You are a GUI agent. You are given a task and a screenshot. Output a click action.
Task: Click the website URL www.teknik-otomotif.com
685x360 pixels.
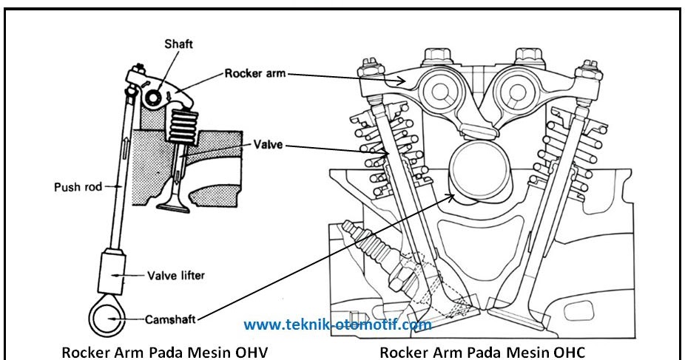click(337, 325)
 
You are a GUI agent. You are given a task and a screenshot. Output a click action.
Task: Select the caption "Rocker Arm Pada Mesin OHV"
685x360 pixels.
click(163, 351)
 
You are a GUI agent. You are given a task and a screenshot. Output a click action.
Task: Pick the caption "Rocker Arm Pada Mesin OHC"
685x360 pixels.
click(485, 351)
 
